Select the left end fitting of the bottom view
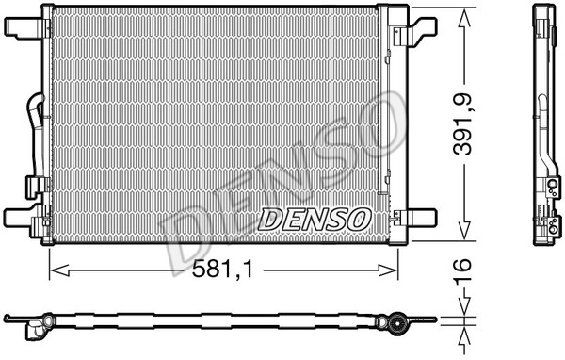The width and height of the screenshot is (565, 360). click(35, 327)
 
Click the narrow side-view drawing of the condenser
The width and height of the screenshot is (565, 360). click(545, 123)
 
